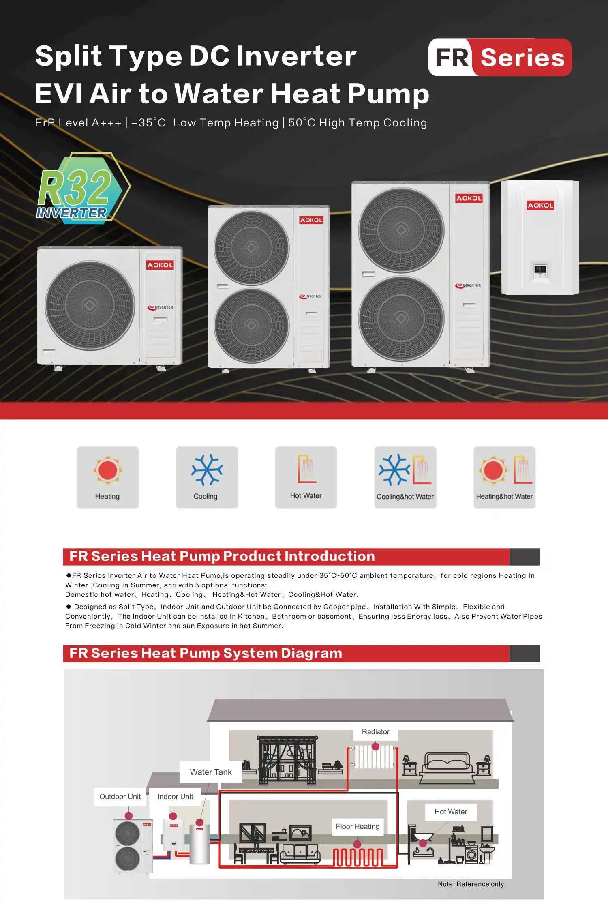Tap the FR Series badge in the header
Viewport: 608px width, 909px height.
pos(499,57)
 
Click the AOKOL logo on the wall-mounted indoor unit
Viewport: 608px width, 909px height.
pos(540,205)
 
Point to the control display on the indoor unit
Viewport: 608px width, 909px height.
pos(540,270)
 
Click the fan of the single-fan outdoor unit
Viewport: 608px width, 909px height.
pos(90,305)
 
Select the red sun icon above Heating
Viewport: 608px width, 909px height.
pos(107,470)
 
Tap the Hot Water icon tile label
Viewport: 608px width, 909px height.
pos(306,496)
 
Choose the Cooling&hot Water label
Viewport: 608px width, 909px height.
pos(405,497)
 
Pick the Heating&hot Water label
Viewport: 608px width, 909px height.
pos(504,497)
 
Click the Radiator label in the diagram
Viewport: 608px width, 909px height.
pos(375,732)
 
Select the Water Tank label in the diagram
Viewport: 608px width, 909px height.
pos(211,772)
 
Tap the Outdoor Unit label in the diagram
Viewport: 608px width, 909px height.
pos(120,797)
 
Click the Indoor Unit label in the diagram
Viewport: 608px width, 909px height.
pos(175,797)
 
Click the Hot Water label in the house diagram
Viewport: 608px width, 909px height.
pos(451,812)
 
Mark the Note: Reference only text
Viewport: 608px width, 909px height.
pos(471,884)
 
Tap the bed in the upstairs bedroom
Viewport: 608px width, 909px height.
pos(447,765)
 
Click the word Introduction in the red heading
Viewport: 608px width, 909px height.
pos(330,556)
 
